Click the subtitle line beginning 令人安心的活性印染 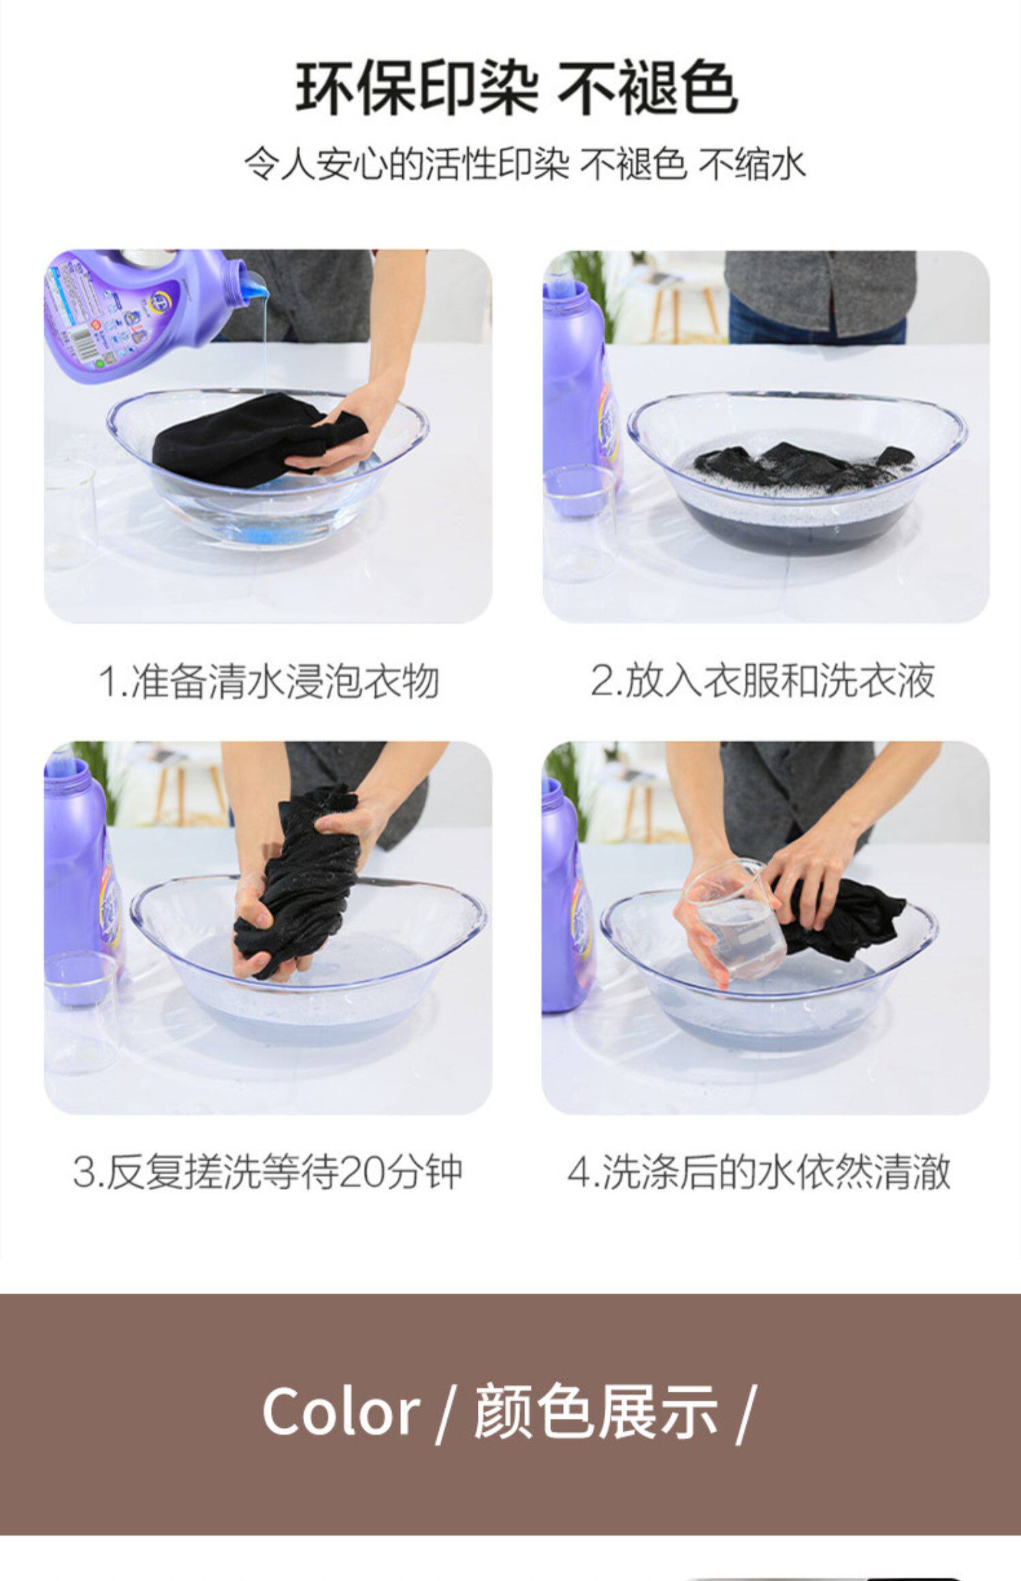(525, 165)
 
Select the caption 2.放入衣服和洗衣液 (763, 680)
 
